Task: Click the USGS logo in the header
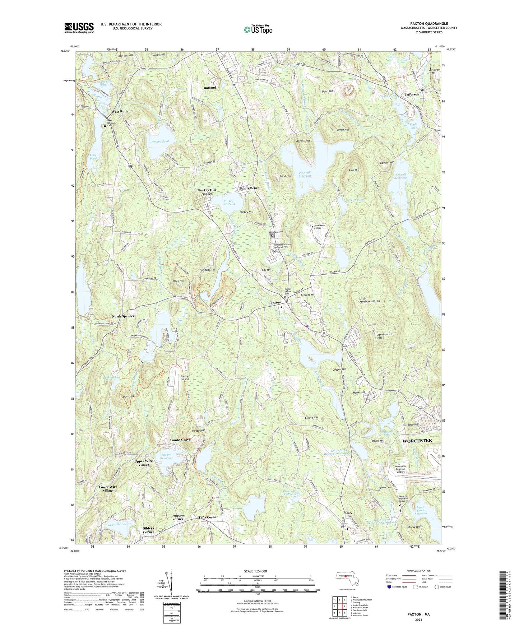click(79, 27)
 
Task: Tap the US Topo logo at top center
click(258, 29)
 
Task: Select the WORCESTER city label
click(417, 440)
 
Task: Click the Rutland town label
click(210, 88)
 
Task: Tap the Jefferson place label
click(412, 94)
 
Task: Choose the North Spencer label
click(123, 316)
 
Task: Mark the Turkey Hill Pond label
click(229, 203)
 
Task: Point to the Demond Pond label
click(159, 141)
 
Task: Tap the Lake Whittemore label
click(120, 525)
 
